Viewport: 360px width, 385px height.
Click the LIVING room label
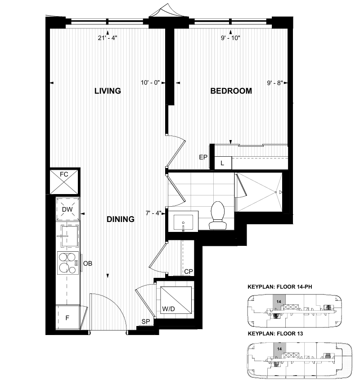[x=108, y=91]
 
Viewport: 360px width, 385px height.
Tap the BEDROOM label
[x=231, y=91]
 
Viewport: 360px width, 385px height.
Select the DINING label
[x=121, y=219]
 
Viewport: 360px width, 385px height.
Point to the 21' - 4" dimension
[x=108, y=38]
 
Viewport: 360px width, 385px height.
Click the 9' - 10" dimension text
[x=230, y=38]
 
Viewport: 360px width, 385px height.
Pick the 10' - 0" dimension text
[x=150, y=83]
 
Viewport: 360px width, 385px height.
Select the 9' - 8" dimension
[x=275, y=83]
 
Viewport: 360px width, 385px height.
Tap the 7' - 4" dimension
[x=153, y=213]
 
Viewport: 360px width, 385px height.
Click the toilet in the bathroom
[x=218, y=215]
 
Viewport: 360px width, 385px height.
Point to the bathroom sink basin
[x=183, y=222]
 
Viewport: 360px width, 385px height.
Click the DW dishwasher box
[x=67, y=209]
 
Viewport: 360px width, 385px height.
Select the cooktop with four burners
[x=68, y=263]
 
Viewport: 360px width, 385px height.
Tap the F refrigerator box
[x=67, y=317]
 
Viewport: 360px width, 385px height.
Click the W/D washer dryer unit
[x=175, y=300]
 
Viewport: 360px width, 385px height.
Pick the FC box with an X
[x=64, y=182]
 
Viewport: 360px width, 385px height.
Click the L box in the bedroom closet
[x=223, y=163]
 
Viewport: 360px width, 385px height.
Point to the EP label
[x=203, y=157]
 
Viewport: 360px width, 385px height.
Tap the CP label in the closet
[x=189, y=272]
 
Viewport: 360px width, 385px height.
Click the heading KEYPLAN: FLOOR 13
[x=275, y=334]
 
